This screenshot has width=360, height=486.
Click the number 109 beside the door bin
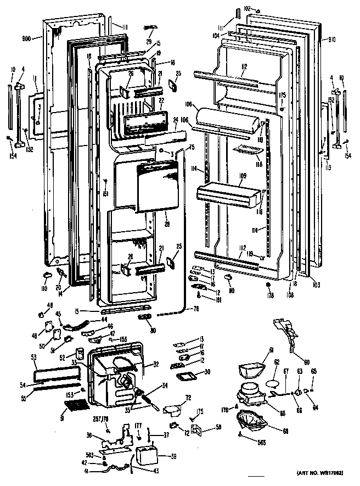pos(241,176)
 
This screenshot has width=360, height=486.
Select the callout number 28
pos(166,225)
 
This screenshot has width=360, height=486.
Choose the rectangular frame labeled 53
pos(55,373)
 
